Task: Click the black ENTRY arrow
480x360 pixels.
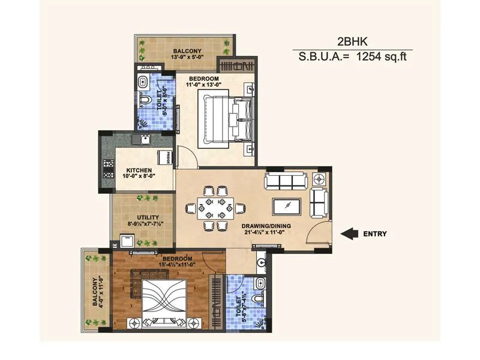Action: click(349, 234)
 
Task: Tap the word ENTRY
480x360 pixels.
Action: click(375, 234)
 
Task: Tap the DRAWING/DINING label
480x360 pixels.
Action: click(266, 226)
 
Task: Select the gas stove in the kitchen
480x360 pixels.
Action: click(109, 169)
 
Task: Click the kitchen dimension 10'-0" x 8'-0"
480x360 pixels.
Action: click(139, 176)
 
